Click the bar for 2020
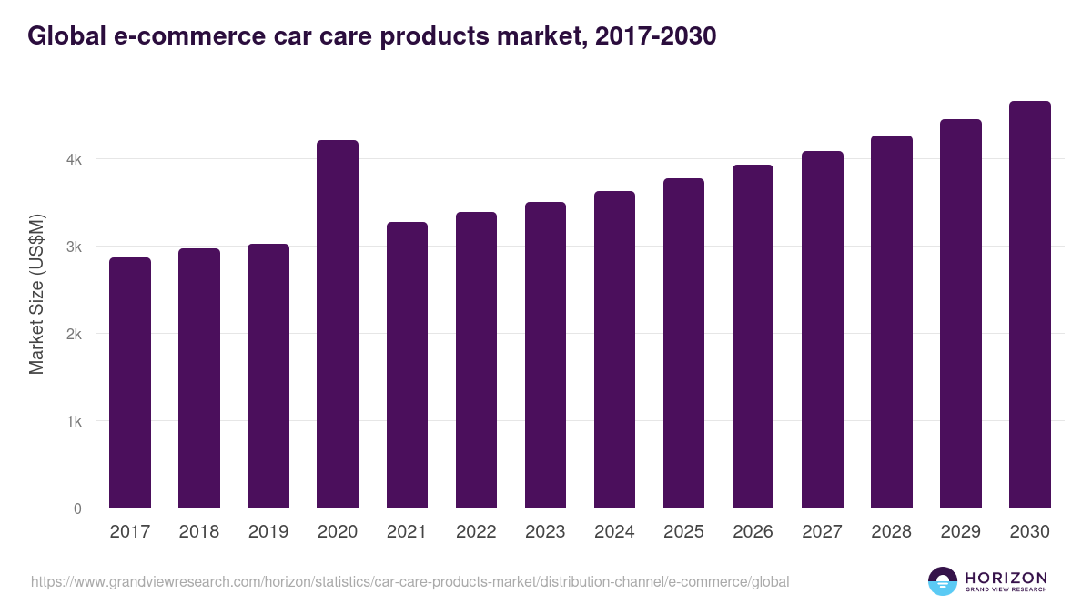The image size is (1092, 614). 338,324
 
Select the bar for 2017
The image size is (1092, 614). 130,383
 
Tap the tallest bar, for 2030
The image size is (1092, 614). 1029,305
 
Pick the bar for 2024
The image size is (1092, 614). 614,349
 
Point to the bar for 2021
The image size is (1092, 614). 407,365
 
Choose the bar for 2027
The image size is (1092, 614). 822,329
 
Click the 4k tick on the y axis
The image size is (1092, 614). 74,159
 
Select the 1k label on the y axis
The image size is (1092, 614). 74,421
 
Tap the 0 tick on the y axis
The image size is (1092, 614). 77,508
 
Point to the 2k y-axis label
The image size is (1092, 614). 74,334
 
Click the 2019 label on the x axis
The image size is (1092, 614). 268,532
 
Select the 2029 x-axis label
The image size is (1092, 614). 960,532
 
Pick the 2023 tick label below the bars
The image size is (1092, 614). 545,532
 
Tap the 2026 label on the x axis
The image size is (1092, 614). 753,532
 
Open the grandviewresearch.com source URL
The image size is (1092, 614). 409,581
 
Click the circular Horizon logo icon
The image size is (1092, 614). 943,581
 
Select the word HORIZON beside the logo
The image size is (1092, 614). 1006,578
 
